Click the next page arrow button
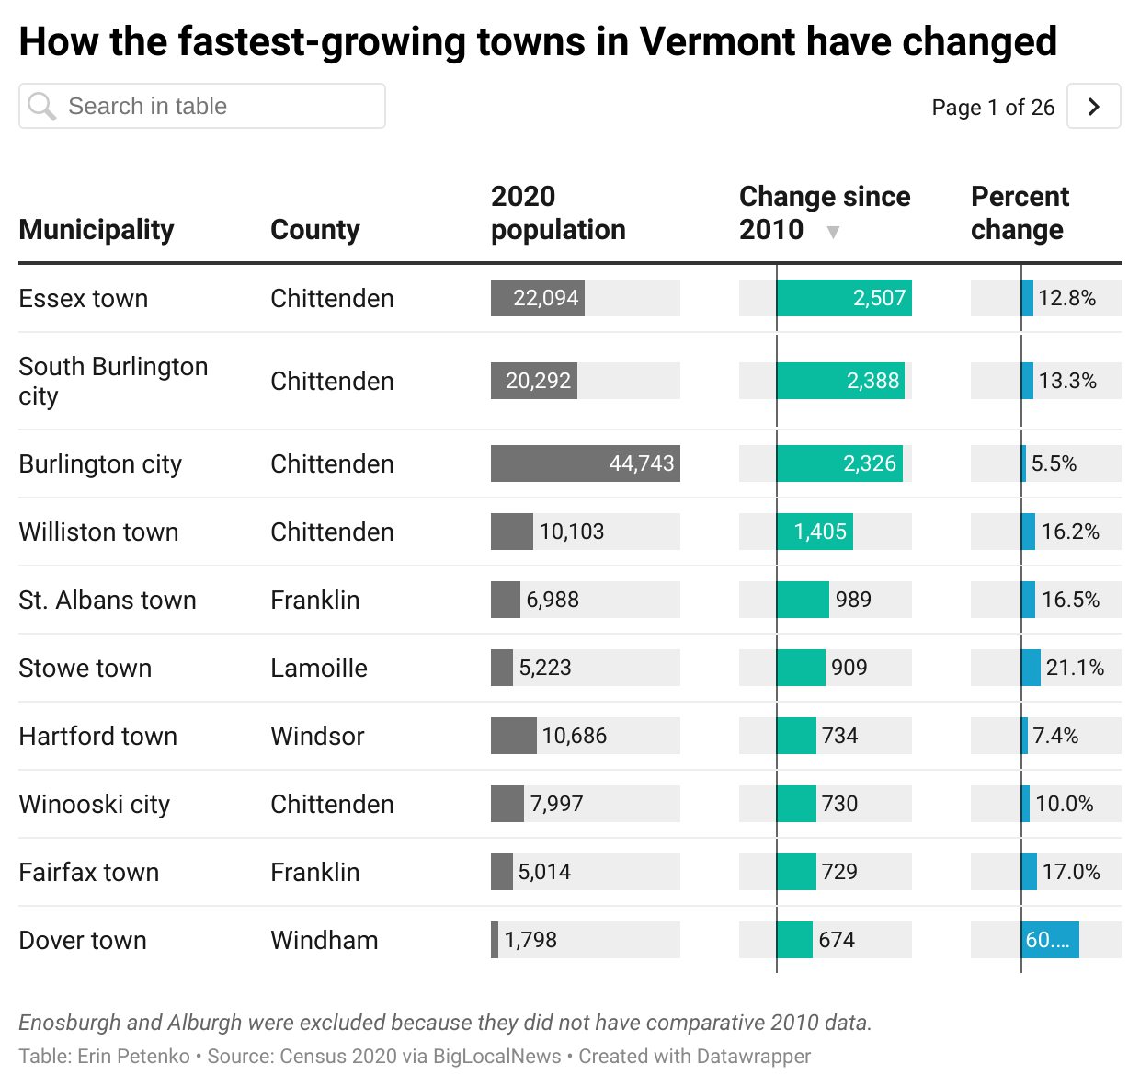coord(1093,107)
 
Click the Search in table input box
coord(202,107)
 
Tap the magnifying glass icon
coord(41,107)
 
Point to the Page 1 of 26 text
coord(993,108)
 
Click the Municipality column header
coord(97,229)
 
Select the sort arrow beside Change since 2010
coord(833,232)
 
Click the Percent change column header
coord(1019,212)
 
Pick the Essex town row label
coord(84,298)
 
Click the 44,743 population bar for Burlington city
coord(585,463)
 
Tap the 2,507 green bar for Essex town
coord(844,298)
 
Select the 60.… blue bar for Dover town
coord(1050,940)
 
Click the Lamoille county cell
coord(319,668)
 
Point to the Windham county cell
coord(324,940)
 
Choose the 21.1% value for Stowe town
coord(1075,668)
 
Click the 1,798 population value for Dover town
coord(530,940)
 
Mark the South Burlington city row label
coord(113,381)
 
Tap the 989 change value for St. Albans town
coord(853,600)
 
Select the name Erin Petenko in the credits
coord(133,1057)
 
